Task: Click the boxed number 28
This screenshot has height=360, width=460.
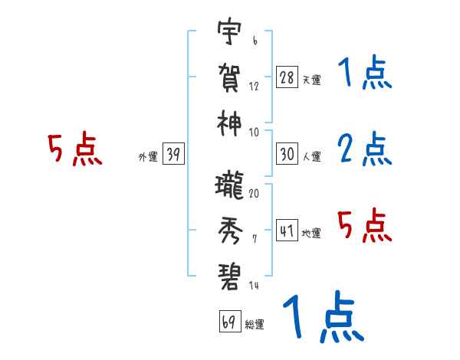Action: [286, 77]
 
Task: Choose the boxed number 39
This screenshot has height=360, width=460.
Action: [173, 155]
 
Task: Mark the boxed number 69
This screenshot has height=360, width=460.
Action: [229, 321]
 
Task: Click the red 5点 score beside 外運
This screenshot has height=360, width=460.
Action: [74, 150]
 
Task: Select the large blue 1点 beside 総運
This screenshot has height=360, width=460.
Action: [322, 318]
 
